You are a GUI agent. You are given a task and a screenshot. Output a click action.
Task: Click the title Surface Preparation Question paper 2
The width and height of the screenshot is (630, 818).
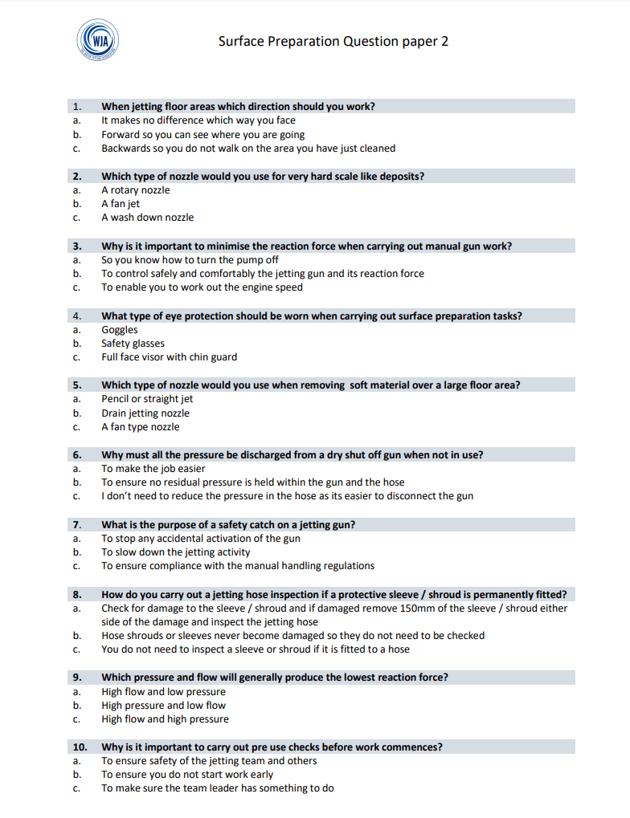[x=333, y=41]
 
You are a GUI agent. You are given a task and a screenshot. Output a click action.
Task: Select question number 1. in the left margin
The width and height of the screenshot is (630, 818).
[x=77, y=106]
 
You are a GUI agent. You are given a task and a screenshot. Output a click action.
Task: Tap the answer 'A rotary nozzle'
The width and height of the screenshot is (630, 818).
[x=135, y=190]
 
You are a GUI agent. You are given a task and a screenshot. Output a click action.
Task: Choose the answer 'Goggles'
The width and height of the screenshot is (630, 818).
[x=119, y=330]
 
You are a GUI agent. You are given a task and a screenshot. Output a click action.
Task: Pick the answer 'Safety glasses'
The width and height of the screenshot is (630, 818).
[x=133, y=344]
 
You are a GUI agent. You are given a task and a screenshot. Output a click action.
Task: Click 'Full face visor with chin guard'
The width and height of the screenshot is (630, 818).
[x=169, y=357]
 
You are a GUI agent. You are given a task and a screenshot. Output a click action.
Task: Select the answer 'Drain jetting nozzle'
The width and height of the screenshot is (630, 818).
[x=145, y=413]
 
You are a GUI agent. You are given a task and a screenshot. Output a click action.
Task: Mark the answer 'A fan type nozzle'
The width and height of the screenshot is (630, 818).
[x=140, y=427]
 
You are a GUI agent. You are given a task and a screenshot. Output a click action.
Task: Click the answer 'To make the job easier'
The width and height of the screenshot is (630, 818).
[x=153, y=469]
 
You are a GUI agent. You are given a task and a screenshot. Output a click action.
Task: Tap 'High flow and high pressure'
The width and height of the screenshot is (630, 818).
[x=165, y=719]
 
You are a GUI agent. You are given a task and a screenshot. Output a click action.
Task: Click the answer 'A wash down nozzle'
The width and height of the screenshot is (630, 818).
[x=147, y=218]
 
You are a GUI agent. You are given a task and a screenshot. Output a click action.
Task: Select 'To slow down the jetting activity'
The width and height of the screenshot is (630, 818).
[x=175, y=552]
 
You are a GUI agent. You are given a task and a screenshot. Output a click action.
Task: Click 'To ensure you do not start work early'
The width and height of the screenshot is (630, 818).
[x=186, y=775]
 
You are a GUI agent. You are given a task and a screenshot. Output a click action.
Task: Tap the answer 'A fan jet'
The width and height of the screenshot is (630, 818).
[x=121, y=204]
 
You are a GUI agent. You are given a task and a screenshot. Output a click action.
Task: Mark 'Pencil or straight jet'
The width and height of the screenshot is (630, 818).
[x=147, y=399]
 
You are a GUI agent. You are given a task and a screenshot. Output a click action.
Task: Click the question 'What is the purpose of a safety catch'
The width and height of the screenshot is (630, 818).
[x=228, y=525]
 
